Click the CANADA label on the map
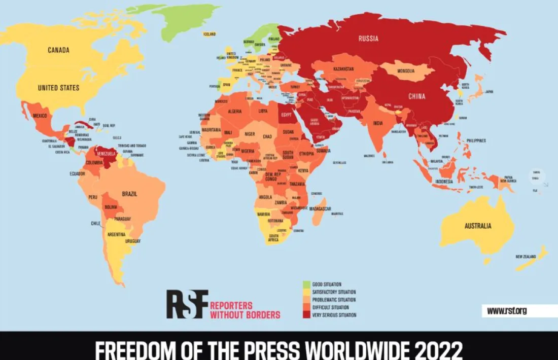[58, 50]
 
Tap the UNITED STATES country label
[58, 88]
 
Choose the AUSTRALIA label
[478, 226]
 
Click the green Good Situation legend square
[306, 284]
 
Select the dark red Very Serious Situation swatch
[306, 315]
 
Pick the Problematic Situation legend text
[334, 300]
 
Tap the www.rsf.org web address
[507, 311]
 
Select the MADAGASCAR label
[321, 208]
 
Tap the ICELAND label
[210, 34]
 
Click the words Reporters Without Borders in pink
[245, 310]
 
